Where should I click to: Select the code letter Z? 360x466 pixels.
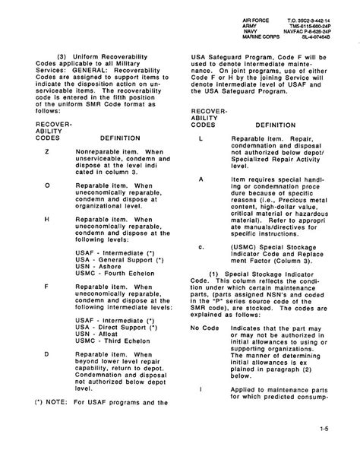(47, 153)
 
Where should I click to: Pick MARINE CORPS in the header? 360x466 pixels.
(251, 33)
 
